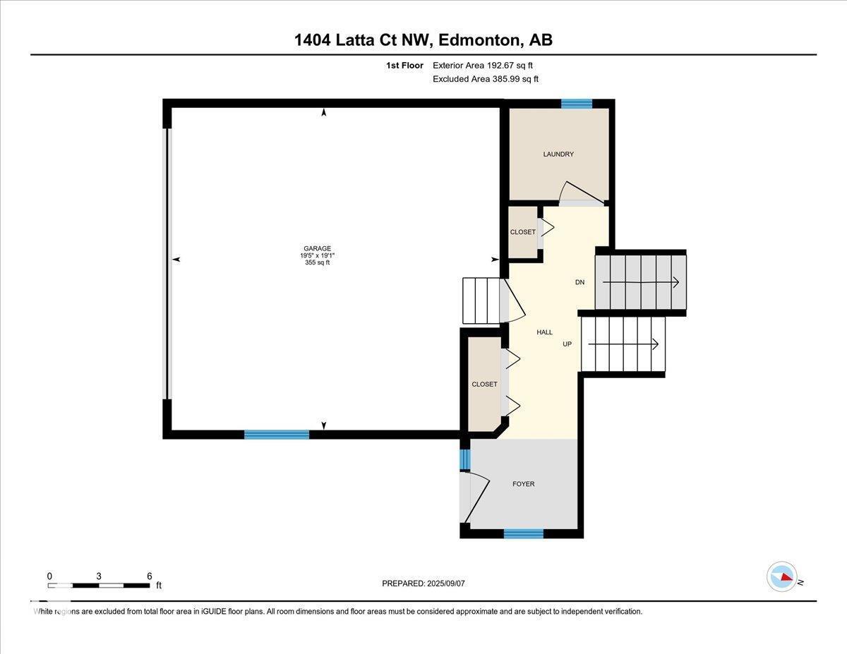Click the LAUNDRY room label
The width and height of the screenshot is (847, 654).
coord(558,155)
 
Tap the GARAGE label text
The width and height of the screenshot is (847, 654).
coord(317,248)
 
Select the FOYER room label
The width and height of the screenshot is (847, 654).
coord(523,484)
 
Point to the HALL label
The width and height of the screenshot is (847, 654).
coord(544,332)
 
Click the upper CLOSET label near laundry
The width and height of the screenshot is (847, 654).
coord(522,232)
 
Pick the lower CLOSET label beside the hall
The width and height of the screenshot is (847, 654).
coord(484,384)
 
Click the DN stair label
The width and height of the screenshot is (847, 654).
coord(579,282)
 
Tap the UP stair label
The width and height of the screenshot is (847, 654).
coord(567,344)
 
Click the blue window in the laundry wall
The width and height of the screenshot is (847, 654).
coord(576,104)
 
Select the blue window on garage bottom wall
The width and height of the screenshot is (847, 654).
coord(277,435)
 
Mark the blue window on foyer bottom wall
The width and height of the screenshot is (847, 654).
coord(523,534)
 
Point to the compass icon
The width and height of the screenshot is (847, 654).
coord(781,576)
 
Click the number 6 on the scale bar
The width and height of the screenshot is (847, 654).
coord(149,576)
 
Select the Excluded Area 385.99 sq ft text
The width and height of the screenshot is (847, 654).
coord(485,79)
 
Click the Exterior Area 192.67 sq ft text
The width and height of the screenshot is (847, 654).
coord(483,65)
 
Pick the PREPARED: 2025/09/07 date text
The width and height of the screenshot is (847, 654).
coord(423,583)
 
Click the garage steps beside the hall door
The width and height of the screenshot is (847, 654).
coord(481,301)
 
